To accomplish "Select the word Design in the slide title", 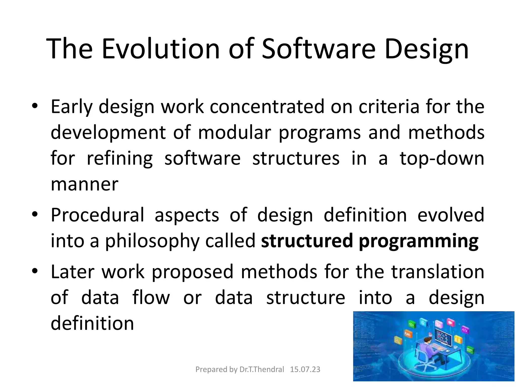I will pyautogui.click(x=427, y=49).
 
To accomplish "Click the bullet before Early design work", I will pyautogui.click(x=35, y=106).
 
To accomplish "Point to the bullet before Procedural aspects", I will pyautogui.click(x=35, y=215).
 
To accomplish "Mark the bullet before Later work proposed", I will pyautogui.click(x=35, y=271).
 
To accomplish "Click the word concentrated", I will pyautogui.click(x=267, y=107).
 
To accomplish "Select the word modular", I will pyautogui.click(x=234, y=132).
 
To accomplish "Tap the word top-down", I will pyautogui.click(x=442, y=159).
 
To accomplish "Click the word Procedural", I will pyautogui.click(x=98, y=215).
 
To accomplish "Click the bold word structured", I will pyautogui.click(x=307, y=241).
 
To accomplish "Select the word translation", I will pyautogui.click(x=438, y=272).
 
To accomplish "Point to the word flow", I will pyautogui.click(x=151, y=298).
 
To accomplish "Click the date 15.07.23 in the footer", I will pyautogui.click(x=305, y=369).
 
